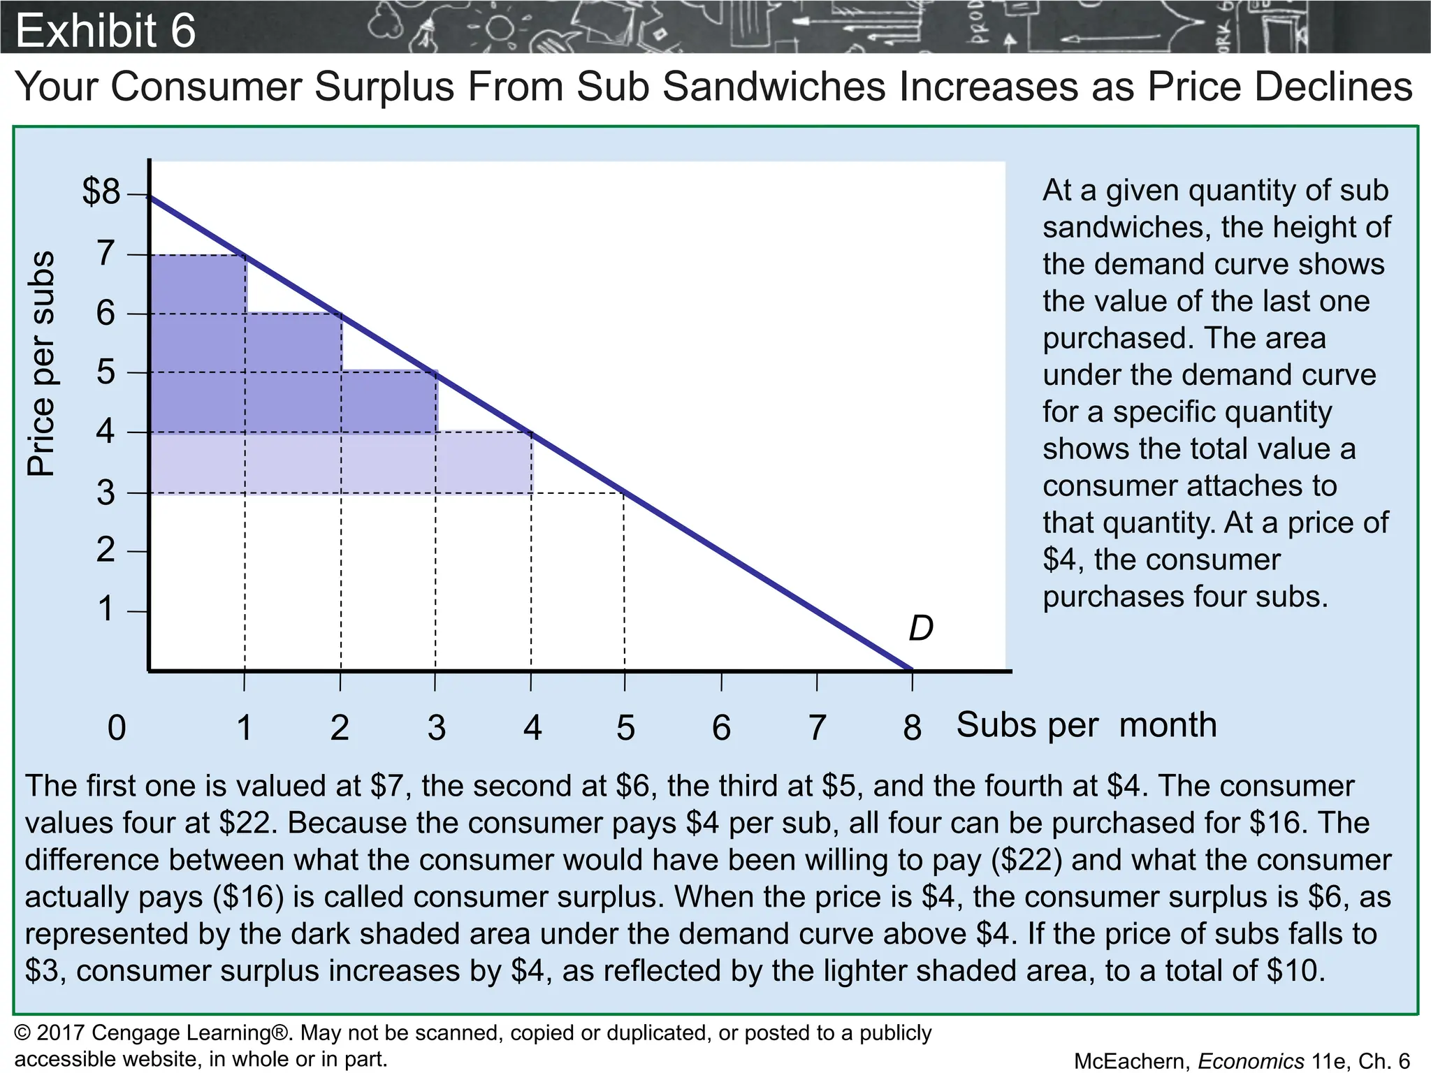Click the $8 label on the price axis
(x=102, y=191)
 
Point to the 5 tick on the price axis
(x=106, y=372)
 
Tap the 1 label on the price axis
(x=106, y=609)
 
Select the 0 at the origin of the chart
(x=117, y=728)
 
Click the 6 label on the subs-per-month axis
(x=721, y=728)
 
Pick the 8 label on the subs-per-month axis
(x=912, y=728)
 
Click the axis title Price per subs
(x=41, y=363)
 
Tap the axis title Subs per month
(x=1086, y=725)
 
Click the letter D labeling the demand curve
(x=920, y=629)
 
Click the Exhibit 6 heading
(x=106, y=31)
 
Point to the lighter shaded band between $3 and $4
(x=341, y=463)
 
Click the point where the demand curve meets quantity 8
(x=912, y=670)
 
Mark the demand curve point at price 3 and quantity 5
(x=625, y=493)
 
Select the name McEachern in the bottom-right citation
(x=1131, y=1061)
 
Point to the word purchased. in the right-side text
(x=1114, y=338)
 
